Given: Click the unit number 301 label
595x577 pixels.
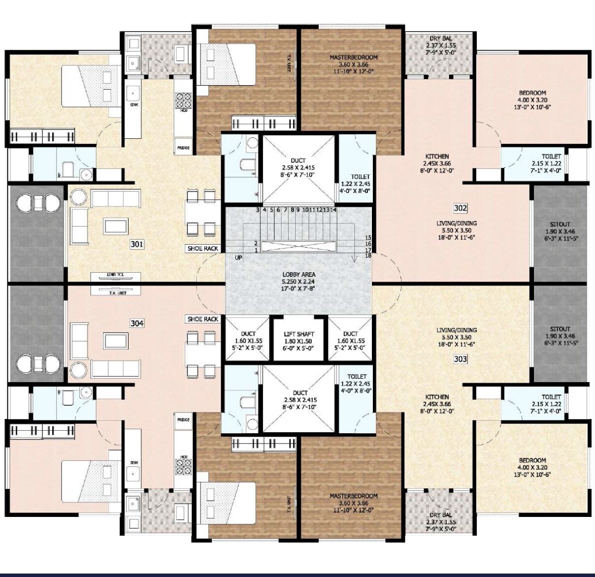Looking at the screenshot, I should point(137,244).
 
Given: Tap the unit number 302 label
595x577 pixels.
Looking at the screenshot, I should point(460,208).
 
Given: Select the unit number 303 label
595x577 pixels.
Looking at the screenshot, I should point(460,359).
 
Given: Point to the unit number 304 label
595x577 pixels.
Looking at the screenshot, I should point(137,323).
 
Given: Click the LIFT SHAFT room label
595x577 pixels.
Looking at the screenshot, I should point(298,334).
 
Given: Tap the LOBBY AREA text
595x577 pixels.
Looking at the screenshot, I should point(298,275).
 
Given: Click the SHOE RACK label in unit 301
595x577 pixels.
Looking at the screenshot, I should point(203,249).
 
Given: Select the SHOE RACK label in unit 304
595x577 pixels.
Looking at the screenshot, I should point(203,319).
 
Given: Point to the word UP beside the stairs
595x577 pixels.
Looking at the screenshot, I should point(238,257).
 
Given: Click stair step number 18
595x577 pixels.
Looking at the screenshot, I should point(368,256).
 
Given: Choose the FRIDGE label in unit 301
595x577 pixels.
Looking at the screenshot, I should point(183,148).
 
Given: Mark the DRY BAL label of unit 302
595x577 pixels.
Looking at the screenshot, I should point(440,38).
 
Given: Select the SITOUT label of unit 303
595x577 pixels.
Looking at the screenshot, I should point(560,329).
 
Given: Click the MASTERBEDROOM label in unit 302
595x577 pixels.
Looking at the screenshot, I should point(354,58).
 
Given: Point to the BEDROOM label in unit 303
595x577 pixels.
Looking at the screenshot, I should point(532,460).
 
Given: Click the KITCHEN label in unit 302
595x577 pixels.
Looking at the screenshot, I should point(437,157).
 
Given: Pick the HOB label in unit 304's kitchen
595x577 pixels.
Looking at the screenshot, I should point(184,457).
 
